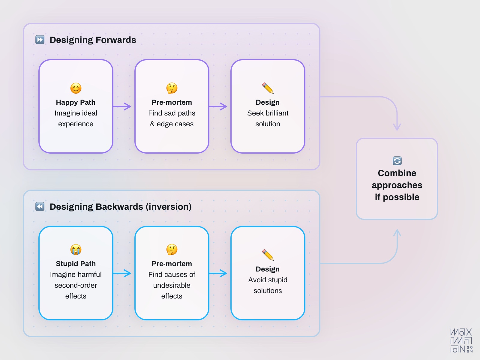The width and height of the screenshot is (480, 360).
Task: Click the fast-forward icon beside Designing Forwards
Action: point(40,40)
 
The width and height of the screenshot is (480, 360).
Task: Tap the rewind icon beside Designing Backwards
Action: point(40,206)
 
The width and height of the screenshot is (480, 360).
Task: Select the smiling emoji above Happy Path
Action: point(76,88)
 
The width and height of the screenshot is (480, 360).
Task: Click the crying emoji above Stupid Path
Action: point(76,250)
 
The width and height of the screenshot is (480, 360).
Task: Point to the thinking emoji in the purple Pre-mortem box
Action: point(172,88)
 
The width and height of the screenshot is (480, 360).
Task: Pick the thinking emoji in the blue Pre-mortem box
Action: point(172,250)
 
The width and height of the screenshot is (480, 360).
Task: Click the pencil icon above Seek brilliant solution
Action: point(268,88)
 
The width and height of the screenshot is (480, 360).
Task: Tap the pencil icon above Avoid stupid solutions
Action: point(268,255)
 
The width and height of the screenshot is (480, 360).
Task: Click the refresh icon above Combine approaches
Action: point(397,161)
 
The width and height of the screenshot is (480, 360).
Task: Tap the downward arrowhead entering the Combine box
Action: point(397,127)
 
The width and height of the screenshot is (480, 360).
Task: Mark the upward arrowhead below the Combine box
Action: point(397,233)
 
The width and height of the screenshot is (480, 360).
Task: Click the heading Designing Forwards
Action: point(93,40)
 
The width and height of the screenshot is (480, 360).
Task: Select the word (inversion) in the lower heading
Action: point(169,207)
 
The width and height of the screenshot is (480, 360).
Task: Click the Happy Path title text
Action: point(76,102)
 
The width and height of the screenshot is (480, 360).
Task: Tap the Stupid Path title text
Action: point(76,264)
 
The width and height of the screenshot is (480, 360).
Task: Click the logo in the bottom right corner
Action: point(461,340)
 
